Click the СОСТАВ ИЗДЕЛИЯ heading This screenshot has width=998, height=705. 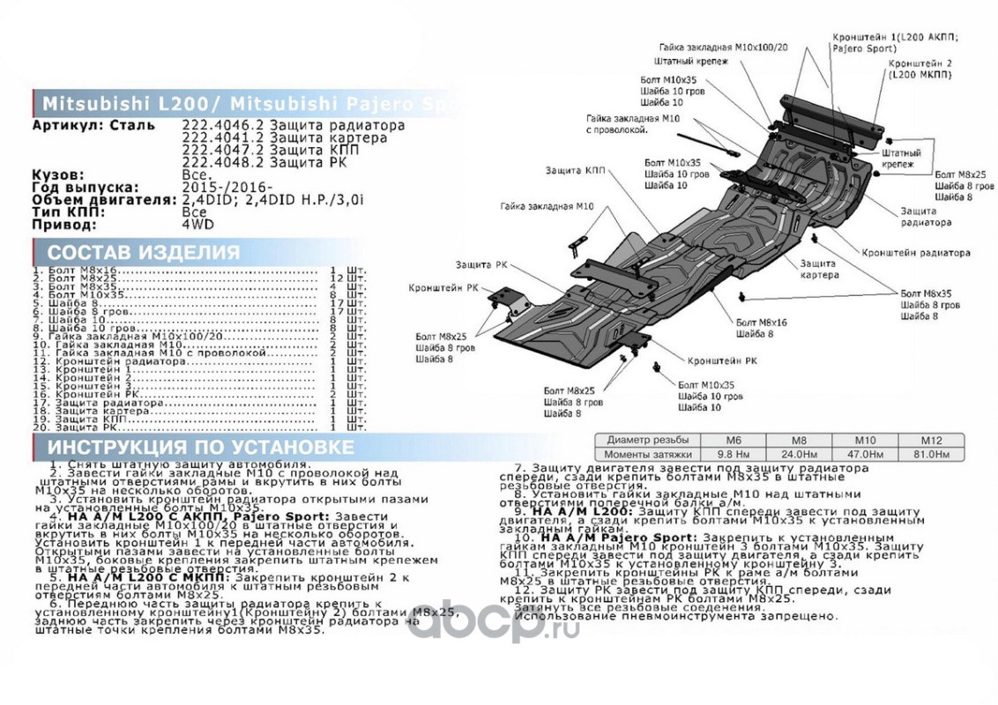point(144,253)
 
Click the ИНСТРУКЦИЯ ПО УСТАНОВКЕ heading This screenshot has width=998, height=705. point(201,447)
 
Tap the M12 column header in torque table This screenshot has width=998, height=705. point(931,440)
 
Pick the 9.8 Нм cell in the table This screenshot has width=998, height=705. point(733,454)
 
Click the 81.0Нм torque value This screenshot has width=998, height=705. point(931,454)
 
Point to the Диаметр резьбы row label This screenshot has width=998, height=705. point(647,440)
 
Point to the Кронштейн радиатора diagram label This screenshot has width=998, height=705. point(916,253)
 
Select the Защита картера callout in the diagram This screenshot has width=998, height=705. point(817,270)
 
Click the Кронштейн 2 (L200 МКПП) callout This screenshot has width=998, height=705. point(920,70)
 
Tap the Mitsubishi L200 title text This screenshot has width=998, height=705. point(123,103)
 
